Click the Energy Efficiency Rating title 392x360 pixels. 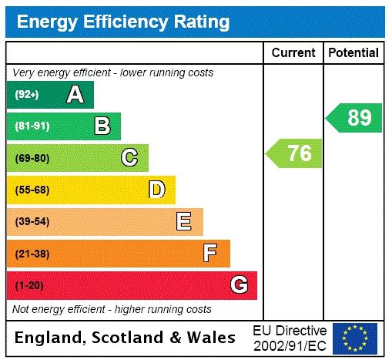[123, 22]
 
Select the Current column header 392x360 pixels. [293, 53]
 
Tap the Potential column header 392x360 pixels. [353, 53]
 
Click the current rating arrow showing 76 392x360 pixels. [295, 153]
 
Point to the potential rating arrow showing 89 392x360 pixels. [355, 118]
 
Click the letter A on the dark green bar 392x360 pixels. [75, 95]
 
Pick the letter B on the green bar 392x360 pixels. [102, 126]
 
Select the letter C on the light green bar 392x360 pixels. [129, 158]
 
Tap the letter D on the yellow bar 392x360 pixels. [156, 190]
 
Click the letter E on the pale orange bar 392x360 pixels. [183, 222]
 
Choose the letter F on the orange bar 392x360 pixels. [210, 253]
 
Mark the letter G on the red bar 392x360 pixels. [239, 285]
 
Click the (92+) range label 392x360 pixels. [27, 95]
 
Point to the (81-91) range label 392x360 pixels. [32, 126]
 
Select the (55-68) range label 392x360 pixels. [32, 190]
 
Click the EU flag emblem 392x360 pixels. [355, 338]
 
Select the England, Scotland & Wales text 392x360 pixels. [126, 338]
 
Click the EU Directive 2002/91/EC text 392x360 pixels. [290, 338]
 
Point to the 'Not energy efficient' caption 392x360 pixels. [112, 309]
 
